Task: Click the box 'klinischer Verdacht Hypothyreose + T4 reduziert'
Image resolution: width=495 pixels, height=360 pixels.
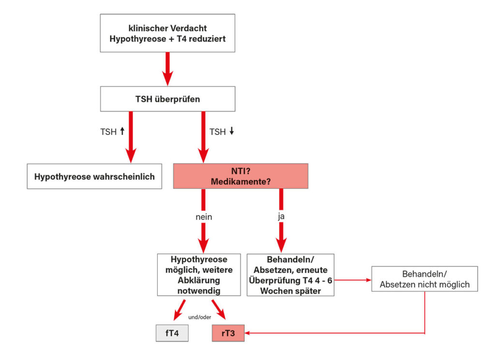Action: (x=167, y=33)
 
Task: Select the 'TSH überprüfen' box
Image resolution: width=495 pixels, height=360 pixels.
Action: (x=167, y=99)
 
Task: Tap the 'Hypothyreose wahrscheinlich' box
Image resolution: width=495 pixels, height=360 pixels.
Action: (x=94, y=176)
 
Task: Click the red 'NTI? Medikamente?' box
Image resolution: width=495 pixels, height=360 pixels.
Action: (x=240, y=176)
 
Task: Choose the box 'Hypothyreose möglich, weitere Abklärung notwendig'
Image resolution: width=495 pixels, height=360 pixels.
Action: (x=199, y=274)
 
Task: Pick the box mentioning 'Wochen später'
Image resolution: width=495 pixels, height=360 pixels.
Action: (x=290, y=274)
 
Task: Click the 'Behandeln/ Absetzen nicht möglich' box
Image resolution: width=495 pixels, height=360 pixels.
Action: (x=424, y=279)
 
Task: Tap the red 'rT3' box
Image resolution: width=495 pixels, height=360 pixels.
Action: (x=228, y=333)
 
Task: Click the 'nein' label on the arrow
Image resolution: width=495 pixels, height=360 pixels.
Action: (x=203, y=217)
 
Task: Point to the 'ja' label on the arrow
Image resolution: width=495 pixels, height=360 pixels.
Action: (x=281, y=217)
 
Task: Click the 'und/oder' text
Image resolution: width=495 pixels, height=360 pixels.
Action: (x=199, y=318)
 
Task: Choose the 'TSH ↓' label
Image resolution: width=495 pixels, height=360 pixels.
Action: (x=221, y=131)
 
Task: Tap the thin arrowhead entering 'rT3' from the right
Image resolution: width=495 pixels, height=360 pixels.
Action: (x=248, y=333)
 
